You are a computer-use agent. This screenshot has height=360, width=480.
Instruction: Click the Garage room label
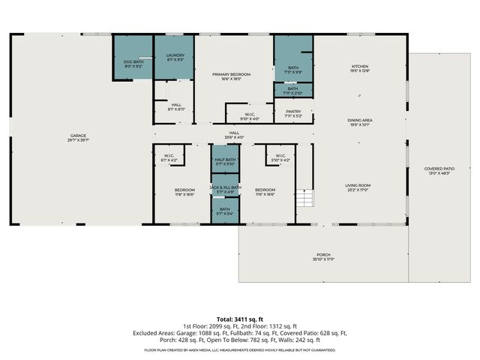pyautogui.click(x=79, y=137)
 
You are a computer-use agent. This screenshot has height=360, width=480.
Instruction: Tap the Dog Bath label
pyautogui.click(x=133, y=64)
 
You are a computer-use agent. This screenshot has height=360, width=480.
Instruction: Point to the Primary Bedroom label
pyautogui.click(x=231, y=76)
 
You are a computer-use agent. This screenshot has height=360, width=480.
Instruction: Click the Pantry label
pyautogui.click(x=292, y=113)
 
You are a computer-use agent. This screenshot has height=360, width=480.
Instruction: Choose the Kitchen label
pyautogui.click(x=361, y=69)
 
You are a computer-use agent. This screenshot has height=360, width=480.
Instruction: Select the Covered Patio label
pyautogui.click(x=440, y=171)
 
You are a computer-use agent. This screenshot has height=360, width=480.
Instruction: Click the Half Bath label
pyautogui.click(x=225, y=161)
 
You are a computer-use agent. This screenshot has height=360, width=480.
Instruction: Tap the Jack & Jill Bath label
pyautogui.click(x=225, y=189)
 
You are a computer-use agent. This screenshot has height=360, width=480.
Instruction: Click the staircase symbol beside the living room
pyautogui.click(x=304, y=198)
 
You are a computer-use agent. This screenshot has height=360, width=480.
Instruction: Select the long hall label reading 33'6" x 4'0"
pyautogui.click(x=236, y=135)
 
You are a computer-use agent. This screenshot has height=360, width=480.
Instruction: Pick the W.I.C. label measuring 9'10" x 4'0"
pyautogui.click(x=249, y=116)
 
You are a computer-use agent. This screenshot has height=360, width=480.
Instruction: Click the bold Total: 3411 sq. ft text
pyautogui.click(x=239, y=319)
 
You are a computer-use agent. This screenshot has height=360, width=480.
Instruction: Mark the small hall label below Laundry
pyautogui.click(x=175, y=106)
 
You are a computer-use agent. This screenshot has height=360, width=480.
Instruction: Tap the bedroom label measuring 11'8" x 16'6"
pyautogui.click(x=184, y=191)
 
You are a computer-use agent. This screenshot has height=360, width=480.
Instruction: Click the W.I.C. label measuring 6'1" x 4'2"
pyautogui.click(x=169, y=158)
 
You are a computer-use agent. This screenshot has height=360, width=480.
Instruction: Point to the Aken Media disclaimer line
pyautogui.click(x=239, y=349)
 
